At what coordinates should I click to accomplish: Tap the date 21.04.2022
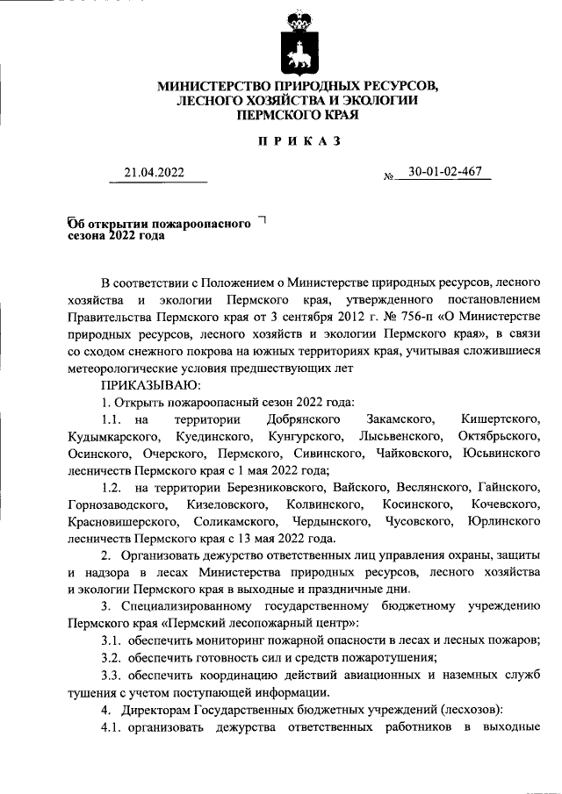pyautogui.click(x=154, y=174)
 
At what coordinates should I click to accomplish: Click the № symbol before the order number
pyautogui.click(x=391, y=176)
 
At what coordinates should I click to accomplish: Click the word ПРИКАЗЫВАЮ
pyautogui.click(x=151, y=385)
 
